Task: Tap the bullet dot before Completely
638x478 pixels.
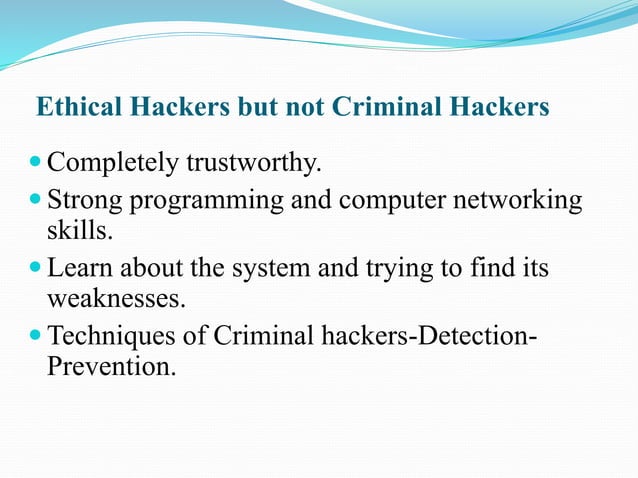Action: (x=36, y=160)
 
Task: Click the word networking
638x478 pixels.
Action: (x=520, y=201)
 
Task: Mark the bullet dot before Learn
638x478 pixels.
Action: (x=36, y=268)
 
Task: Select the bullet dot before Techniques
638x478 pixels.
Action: (x=36, y=335)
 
